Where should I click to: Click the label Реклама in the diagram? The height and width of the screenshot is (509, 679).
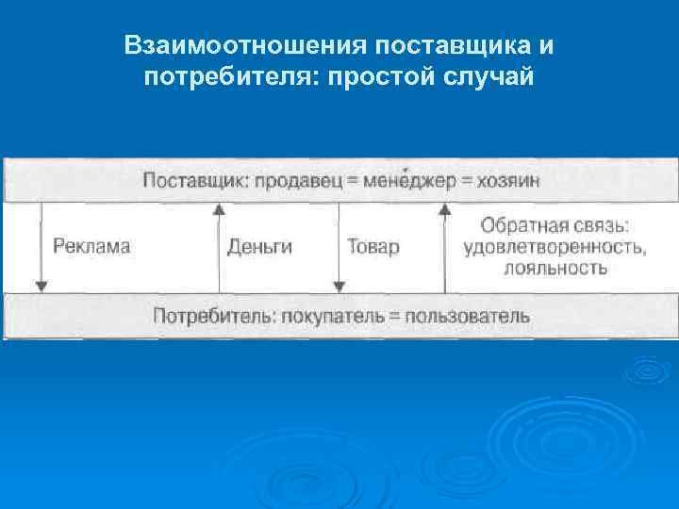pos(91,247)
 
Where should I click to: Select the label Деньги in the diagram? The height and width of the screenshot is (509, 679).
pos(259,247)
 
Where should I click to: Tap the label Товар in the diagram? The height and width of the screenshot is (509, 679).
pos(373,247)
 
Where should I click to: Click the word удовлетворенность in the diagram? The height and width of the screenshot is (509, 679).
pos(555,247)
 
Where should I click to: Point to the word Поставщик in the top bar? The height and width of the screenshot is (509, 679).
pos(194,181)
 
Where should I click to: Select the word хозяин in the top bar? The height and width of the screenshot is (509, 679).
pos(502,181)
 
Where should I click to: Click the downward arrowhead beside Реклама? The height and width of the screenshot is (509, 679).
pos(41,285)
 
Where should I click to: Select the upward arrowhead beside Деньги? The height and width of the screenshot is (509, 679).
pos(219,211)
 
